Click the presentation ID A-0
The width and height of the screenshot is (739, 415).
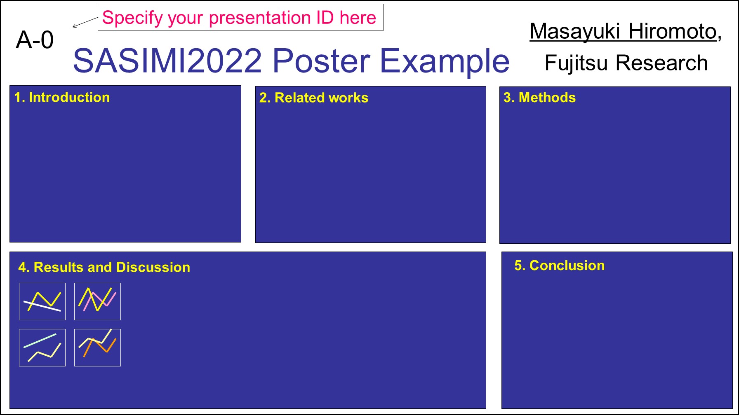(x=35, y=40)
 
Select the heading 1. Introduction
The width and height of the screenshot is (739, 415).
(x=62, y=97)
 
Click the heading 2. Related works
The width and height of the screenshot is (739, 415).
(x=314, y=98)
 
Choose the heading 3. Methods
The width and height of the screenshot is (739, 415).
(x=539, y=97)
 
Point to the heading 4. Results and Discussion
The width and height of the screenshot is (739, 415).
(x=104, y=267)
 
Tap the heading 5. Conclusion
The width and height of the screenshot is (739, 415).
(x=560, y=266)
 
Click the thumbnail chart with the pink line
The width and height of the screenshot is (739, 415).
(x=97, y=301)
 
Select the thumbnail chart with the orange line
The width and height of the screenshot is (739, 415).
(x=97, y=347)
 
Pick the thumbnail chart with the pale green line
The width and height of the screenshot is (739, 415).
(x=42, y=347)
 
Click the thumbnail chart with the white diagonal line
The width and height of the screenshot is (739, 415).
(x=42, y=301)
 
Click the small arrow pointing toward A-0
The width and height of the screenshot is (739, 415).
(x=85, y=22)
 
